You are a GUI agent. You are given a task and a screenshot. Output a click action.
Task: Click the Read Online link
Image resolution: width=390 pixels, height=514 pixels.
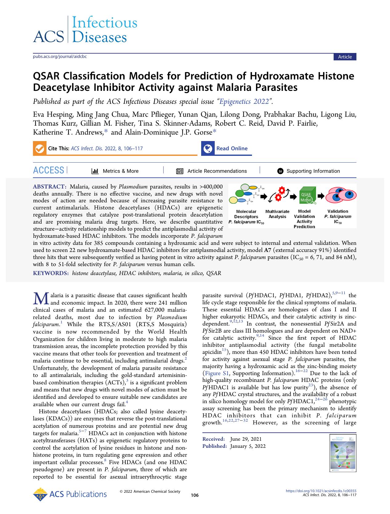[232, 148]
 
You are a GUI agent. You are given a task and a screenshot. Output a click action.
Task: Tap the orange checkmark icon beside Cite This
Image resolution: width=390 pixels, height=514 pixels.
[39, 148]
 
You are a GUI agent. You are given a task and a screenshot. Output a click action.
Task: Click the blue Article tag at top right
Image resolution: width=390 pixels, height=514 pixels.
[345, 57]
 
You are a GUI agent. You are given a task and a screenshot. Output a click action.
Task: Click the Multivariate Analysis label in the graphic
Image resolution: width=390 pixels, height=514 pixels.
[277, 214]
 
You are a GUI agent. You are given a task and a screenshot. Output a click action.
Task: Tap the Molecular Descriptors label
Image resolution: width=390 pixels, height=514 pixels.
[246, 214]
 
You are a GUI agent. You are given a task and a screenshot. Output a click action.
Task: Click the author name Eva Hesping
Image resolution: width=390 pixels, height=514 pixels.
[53, 115]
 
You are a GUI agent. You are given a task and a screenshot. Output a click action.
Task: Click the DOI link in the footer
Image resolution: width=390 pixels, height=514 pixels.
[321, 491]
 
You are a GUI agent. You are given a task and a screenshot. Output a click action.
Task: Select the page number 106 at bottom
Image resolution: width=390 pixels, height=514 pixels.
[195, 495]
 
